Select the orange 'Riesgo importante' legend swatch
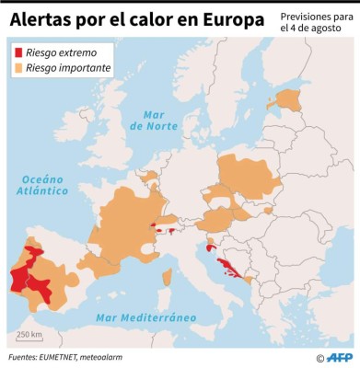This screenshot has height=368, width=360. [18, 68]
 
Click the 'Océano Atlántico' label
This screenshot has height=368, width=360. [42, 184]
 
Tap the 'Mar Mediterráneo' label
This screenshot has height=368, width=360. [146, 317]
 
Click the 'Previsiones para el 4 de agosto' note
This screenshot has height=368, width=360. [316, 22]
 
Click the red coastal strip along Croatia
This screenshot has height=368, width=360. [228, 268]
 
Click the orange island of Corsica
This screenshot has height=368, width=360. [167, 277]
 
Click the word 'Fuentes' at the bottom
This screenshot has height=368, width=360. [27, 357]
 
